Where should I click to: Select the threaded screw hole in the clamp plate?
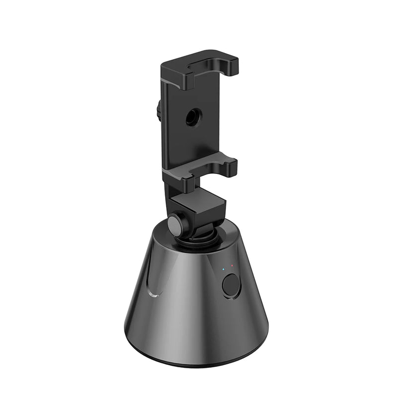point(191,117)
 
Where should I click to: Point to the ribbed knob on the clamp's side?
point(159,110)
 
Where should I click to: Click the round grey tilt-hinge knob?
point(175,225)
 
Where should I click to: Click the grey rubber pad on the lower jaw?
point(199,168)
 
